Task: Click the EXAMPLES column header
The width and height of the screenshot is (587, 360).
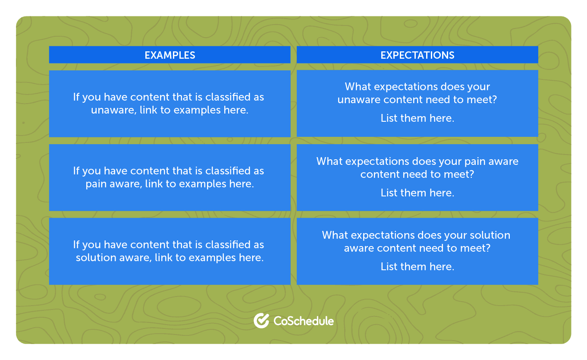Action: pyautogui.click(x=170, y=55)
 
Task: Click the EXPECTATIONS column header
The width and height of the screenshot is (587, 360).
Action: pyautogui.click(x=417, y=55)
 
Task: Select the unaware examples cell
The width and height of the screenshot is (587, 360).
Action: pyautogui.click(x=170, y=104)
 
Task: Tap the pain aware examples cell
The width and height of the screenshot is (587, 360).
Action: pyautogui.click(x=170, y=177)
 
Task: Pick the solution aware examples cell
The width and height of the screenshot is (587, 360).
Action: pyautogui.click(x=170, y=251)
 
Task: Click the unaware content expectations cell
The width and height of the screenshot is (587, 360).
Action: pyautogui.click(x=417, y=104)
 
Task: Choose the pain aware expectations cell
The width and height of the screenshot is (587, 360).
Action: pyautogui.click(x=417, y=177)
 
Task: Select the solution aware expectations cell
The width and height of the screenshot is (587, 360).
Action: pyautogui.click(x=417, y=251)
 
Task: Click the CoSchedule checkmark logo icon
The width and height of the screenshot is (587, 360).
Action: pyautogui.click(x=261, y=321)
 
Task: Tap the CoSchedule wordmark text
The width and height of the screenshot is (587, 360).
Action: pyautogui.click(x=304, y=321)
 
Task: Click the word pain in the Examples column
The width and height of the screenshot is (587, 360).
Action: pyautogui.click(x=95, y=184)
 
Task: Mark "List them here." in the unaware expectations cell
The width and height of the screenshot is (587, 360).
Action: pyautogui.click(x=417, y=118)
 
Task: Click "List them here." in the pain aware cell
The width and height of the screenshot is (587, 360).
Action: pyautogui.click(x=417, y=193)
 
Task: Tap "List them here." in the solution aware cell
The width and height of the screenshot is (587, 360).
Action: pyautogui.click(x=417, y=266)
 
